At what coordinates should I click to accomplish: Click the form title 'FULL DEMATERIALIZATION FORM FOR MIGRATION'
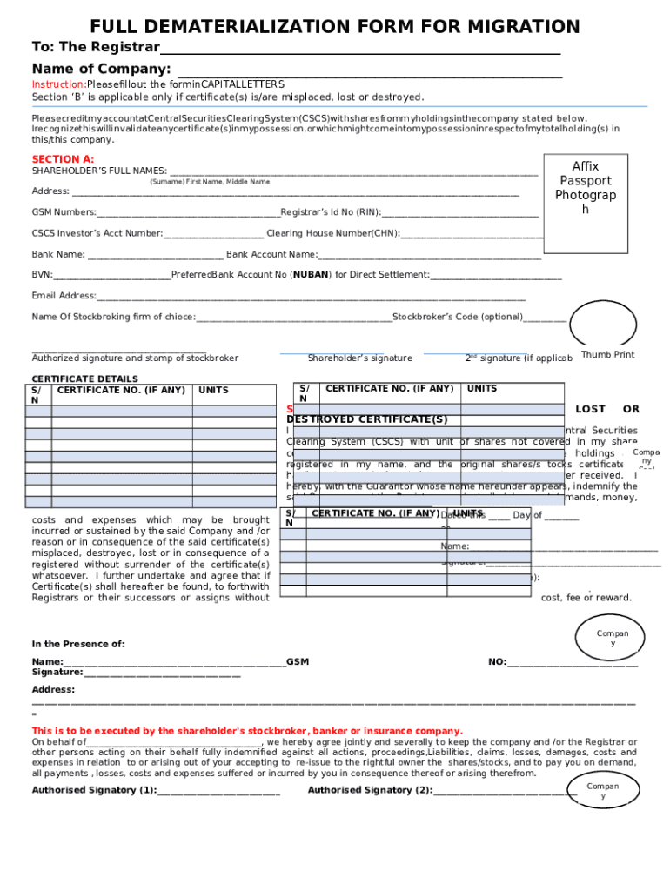click(335, 26)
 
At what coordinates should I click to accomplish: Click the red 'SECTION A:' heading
click(63, 159)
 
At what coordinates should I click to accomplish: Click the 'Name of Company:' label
click(101, 69)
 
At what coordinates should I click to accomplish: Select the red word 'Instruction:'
click(58, 84)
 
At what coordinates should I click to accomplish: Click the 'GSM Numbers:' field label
click(64, 212)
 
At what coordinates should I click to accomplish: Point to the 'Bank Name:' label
click(58, 254)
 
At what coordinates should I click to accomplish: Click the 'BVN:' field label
click(42, 275)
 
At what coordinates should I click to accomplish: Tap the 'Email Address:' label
click(64, 296)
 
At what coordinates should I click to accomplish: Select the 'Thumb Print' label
click(607, 355)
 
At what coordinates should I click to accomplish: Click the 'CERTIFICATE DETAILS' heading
click(84, 379)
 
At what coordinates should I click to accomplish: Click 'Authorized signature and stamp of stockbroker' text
click(135, 358)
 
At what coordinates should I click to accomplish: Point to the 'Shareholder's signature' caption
click(359, 358)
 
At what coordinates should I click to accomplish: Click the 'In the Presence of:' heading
click(78, 644)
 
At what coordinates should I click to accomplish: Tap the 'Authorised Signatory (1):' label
click(94, 790)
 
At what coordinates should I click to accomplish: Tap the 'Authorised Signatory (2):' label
click(370, 790)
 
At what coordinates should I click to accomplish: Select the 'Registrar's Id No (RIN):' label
click(331, 212)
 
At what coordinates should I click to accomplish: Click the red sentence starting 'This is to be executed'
click(247, 731)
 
